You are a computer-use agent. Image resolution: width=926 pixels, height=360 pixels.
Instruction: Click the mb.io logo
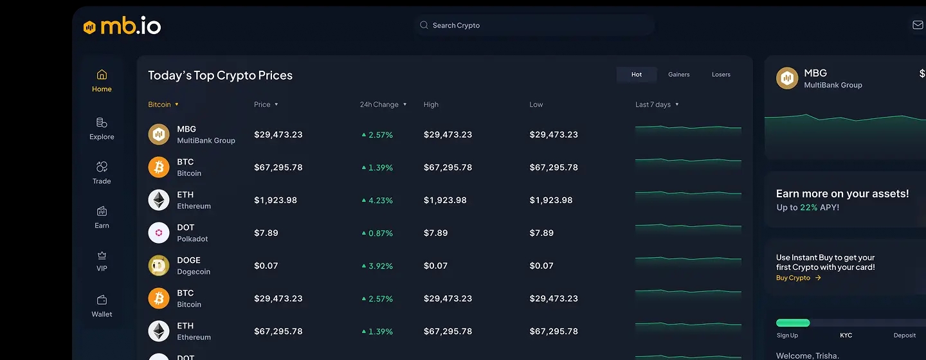tap(122, 26)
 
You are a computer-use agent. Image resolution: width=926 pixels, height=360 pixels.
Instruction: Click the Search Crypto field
tap(534, 26)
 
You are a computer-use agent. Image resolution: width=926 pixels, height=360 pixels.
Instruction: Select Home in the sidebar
tap(102, 80)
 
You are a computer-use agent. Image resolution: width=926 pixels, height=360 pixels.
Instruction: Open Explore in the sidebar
tap(102, 128)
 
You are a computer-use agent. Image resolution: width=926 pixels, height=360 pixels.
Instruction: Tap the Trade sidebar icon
tap(102, 167)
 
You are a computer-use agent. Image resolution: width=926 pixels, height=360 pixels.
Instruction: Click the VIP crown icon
tap(102, 255)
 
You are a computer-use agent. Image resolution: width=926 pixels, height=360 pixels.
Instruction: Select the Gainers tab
tap(678, 75)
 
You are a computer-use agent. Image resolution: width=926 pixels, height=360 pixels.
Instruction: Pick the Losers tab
tap(721, 75)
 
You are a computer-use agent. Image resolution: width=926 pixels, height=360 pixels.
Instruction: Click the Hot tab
tap(637, 75)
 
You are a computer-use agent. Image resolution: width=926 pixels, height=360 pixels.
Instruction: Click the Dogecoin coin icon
tap(159, 265)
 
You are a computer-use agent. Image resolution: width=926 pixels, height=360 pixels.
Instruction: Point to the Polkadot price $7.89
tap(266, 233)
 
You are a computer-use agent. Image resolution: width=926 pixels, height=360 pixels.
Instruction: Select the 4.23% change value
tap(380, 201)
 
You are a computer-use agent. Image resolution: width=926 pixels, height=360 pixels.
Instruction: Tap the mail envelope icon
tap(918, 25)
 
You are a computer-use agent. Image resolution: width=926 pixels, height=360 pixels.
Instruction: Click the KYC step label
tap(846, 336)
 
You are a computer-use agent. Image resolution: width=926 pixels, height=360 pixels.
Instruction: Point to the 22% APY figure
tap(808, 208)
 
